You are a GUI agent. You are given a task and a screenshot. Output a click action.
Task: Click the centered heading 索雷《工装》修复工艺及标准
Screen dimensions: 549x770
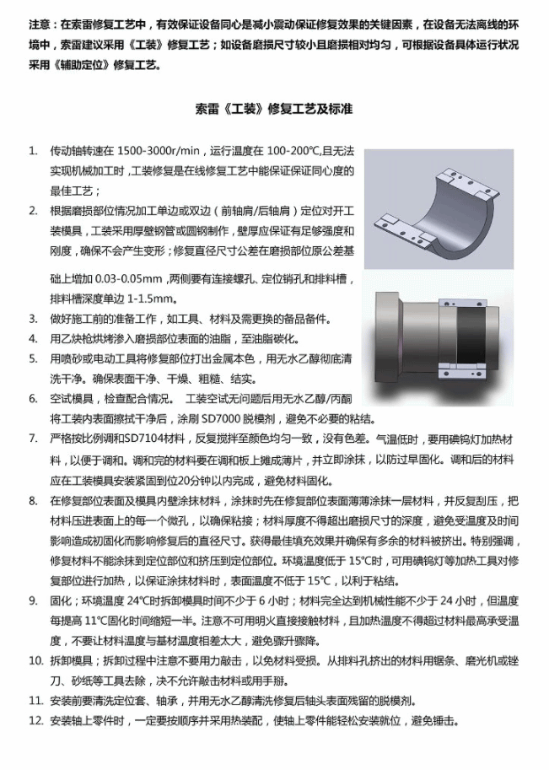[x=274, y=109]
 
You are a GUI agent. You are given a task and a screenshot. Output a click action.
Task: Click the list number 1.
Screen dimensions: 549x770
[x=33, y=151]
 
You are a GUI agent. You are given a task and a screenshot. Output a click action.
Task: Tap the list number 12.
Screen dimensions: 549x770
[x=36, y=721]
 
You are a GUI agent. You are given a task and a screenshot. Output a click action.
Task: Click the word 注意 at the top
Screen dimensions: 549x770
[x=39, y=24]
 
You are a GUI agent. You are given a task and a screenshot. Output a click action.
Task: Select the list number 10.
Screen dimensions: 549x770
[x=36, y=660]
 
